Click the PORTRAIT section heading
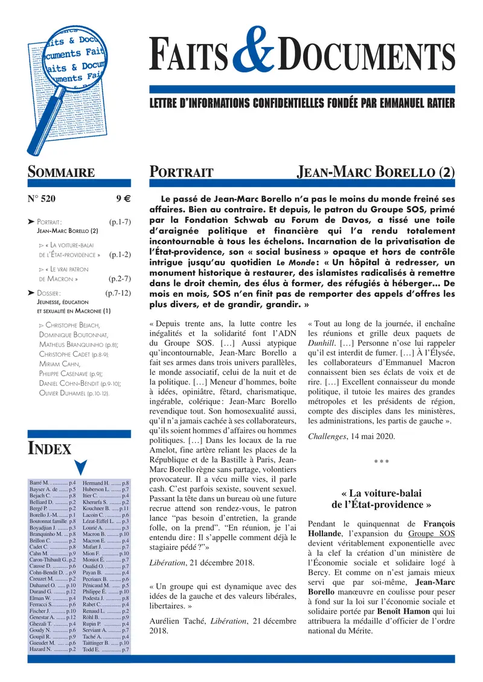pos(181,172)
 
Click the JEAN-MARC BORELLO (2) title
pos(376,172)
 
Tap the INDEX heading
pos(50,448)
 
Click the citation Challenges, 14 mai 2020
pos(342,436)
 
